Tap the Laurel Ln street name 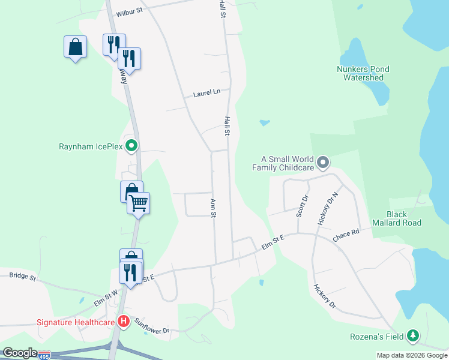point(207,93)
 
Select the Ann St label point(212,208)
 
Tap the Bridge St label point(23,277)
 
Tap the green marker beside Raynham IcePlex point(133,146)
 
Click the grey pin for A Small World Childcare point(323,162)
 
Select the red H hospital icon point(123,322)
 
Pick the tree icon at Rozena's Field point(412,336)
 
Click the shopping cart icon point(139,203)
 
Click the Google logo point(20,353)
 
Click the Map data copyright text point(411,355)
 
